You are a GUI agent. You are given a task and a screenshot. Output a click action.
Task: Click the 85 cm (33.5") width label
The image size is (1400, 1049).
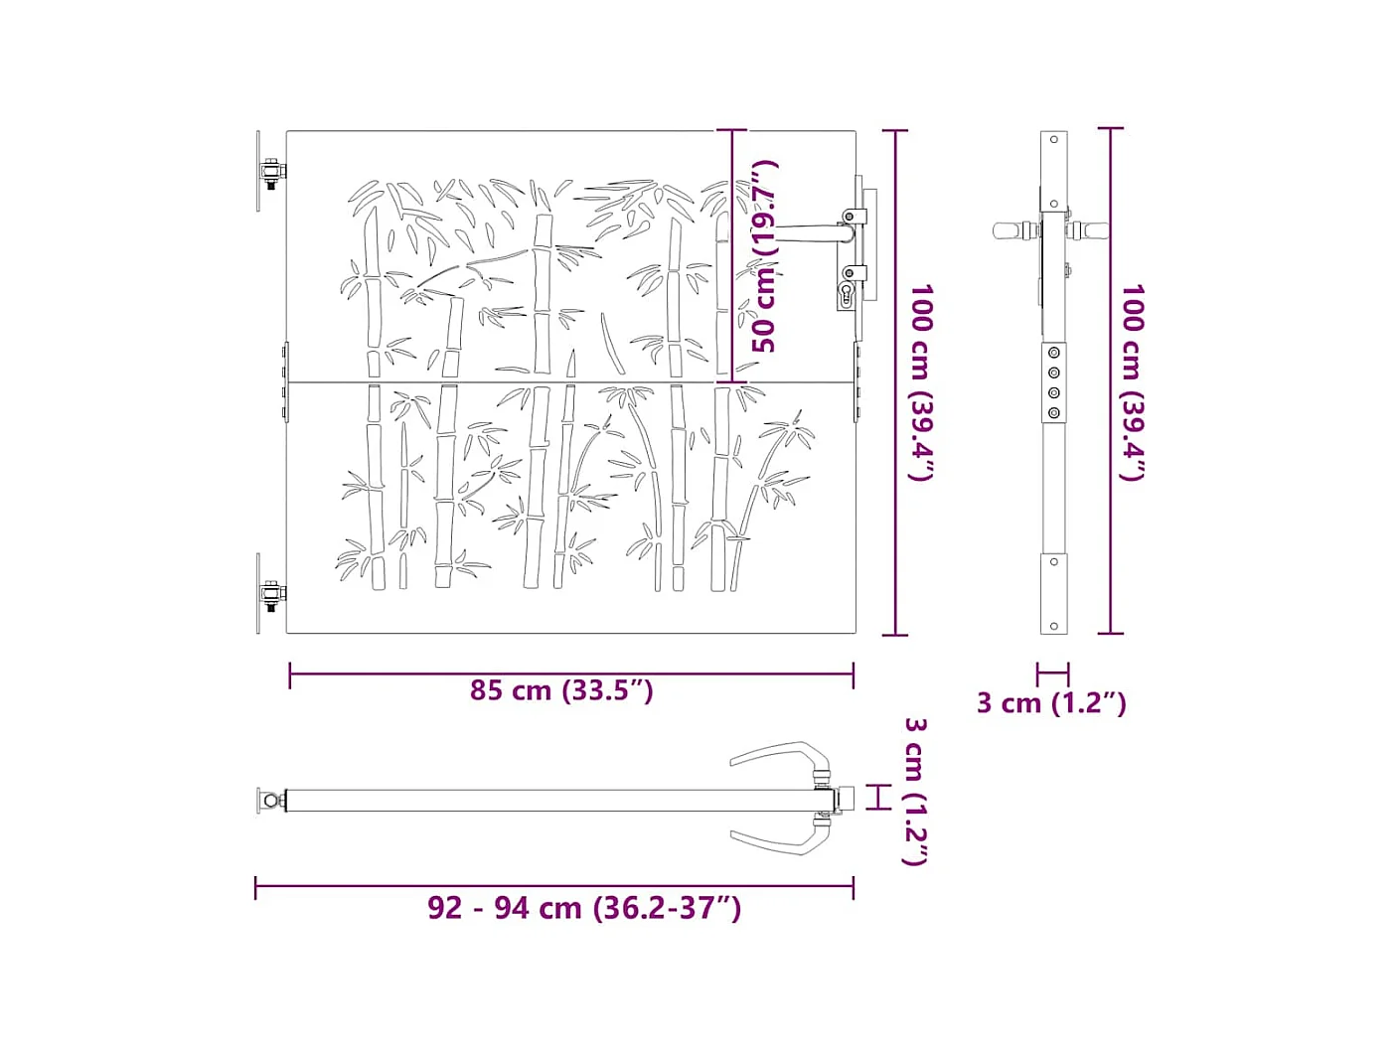point(561,690)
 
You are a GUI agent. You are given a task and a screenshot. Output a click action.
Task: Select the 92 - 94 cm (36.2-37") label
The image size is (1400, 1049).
point(584,908)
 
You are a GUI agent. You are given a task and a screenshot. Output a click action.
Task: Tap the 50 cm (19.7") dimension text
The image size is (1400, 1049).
point(764,256)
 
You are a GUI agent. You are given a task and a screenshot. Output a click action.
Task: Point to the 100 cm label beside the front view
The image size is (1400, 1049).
point(921,382)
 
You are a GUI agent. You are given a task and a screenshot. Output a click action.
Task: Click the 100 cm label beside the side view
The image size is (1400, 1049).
point(1133,382)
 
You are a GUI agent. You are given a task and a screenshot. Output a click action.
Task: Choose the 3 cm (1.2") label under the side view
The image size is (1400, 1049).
point(1051,703)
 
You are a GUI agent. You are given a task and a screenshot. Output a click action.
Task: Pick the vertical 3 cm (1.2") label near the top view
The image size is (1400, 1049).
point(915,792)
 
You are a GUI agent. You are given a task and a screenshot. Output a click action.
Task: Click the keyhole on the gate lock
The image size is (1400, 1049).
point(847,295)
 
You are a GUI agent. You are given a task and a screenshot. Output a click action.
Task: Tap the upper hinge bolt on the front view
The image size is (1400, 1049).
point(272,172)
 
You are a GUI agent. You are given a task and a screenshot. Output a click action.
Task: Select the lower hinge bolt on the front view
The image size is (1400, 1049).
point(271,596)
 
